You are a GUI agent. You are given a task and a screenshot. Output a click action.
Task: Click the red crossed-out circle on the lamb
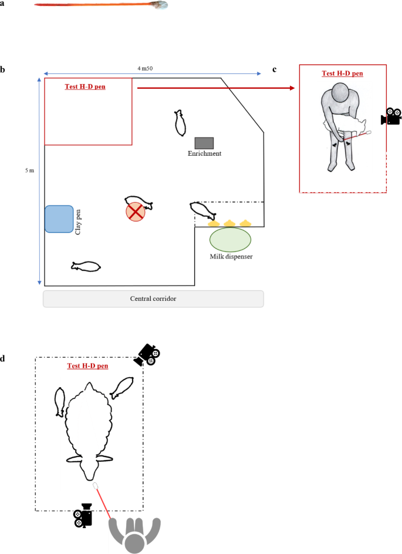pyautogui.click(x=136, y=210)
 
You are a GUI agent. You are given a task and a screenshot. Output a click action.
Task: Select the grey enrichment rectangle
pyautogui.click(x=204, y=143)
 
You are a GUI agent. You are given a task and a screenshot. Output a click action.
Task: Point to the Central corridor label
pyautogui.click(x=153, y=298)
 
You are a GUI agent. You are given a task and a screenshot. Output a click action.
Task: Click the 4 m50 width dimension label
pyautogui.click(x=146, y=69)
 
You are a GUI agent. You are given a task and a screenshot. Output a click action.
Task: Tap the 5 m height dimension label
pyautogui.click(x=29, y=170)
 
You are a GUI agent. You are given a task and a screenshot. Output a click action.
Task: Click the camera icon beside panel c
pyautogui.click(x=391, y=117)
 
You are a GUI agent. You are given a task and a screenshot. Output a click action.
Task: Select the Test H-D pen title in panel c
pyautogui.click(x=342, y=74)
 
